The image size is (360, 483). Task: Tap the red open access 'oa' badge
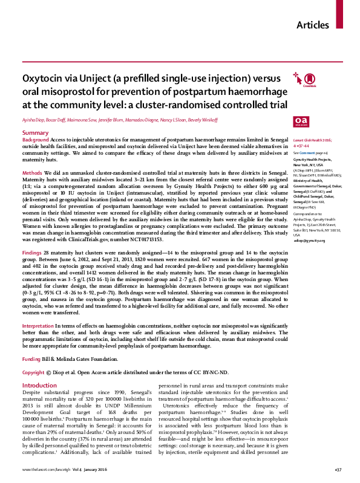click(x=300, y=121)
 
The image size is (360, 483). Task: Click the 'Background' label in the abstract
click(x=36, y=139)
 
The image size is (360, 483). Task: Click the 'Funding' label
click(x=32, y=358)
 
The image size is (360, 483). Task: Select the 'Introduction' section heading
click(x=39, y=385)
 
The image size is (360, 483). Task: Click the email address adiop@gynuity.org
click(x=309, y=257)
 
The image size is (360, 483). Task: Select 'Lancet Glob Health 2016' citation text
click(x=314, y=139)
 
